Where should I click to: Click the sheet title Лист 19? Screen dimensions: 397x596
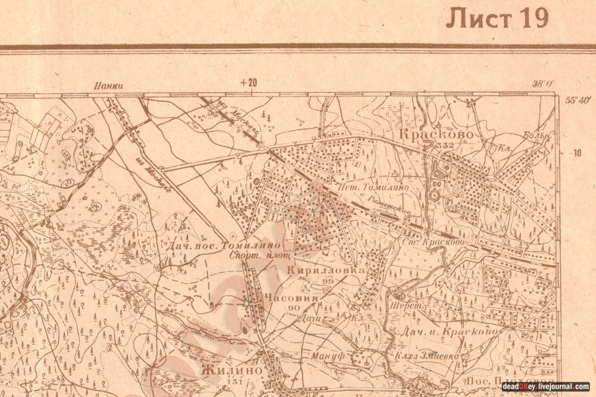point(497,19)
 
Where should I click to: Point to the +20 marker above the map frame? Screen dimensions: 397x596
point(248,83)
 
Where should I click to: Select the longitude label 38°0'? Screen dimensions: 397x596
point(542,84)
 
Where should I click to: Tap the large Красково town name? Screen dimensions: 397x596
point(436,134)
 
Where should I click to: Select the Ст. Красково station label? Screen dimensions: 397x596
point(434,243)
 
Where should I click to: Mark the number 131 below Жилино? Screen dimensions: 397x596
point(232,382)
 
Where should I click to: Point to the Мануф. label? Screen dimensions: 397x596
point(325,357)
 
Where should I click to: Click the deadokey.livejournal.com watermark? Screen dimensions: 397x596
point(546,386)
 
